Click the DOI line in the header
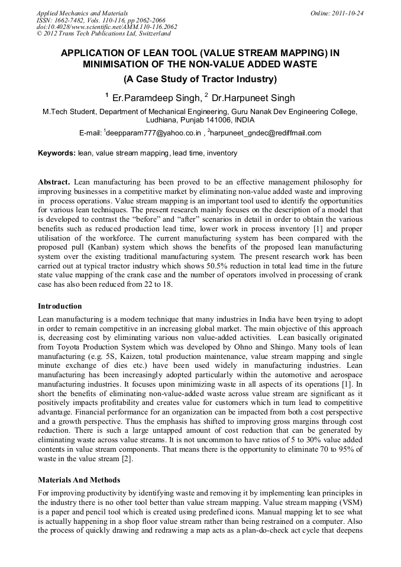pos(106,27)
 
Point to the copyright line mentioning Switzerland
pos(99,34)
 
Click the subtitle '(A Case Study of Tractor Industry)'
pos(200,79)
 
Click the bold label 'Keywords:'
pos(57,153)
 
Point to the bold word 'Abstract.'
pos(54,182)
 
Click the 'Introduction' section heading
pos(60,306)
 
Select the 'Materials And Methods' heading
pos(79,479)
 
